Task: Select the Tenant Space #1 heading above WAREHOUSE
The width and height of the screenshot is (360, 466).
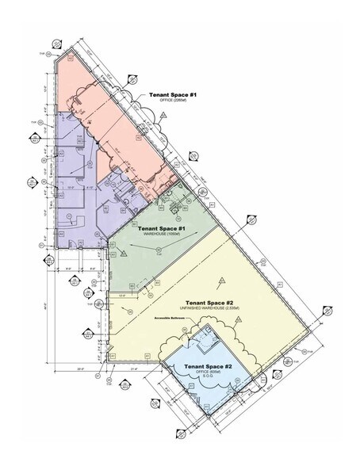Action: [164, 228]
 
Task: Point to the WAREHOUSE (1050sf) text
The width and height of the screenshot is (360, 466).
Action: [163, 235]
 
